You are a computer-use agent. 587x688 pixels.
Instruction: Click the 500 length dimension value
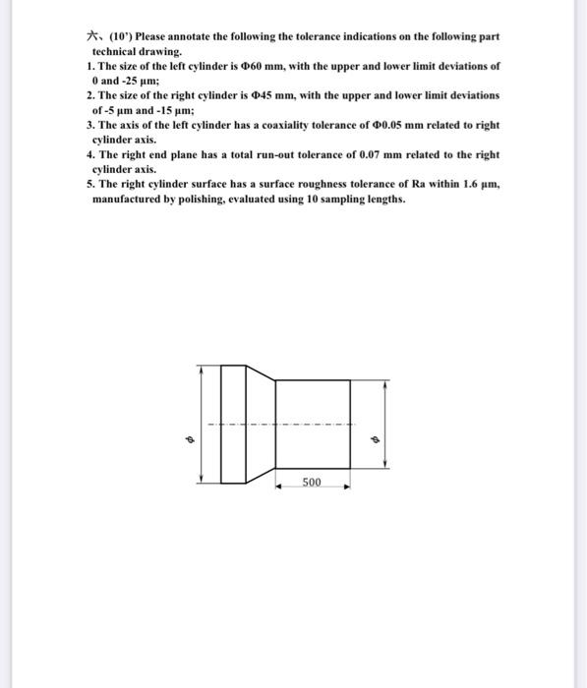(x=311, y=482)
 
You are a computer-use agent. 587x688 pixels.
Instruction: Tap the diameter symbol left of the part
(x=191, y=439)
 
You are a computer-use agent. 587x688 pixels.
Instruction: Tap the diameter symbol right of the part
(x=373, y=439)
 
